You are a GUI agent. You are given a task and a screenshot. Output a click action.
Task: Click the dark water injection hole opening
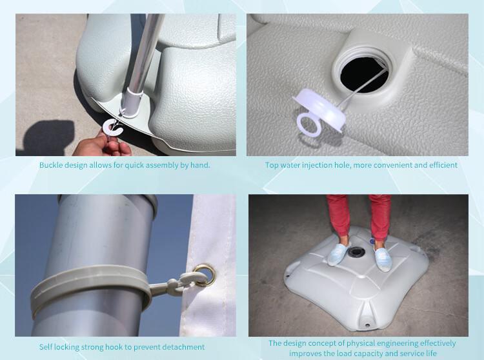[x=363, y=74]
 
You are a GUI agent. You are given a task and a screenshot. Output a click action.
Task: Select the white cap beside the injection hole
[x=319, y=110]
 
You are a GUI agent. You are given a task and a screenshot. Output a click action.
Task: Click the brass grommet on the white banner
[x=205, y=275]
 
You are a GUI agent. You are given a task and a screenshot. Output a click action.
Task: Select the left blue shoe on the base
[x=339, y=254]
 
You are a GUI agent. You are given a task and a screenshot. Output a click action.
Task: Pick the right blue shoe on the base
[x=383, y=259]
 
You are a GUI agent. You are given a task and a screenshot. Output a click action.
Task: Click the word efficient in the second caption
[x=443, y=165]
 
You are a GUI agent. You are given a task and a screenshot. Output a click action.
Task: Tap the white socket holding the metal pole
[x=132, y=102]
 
